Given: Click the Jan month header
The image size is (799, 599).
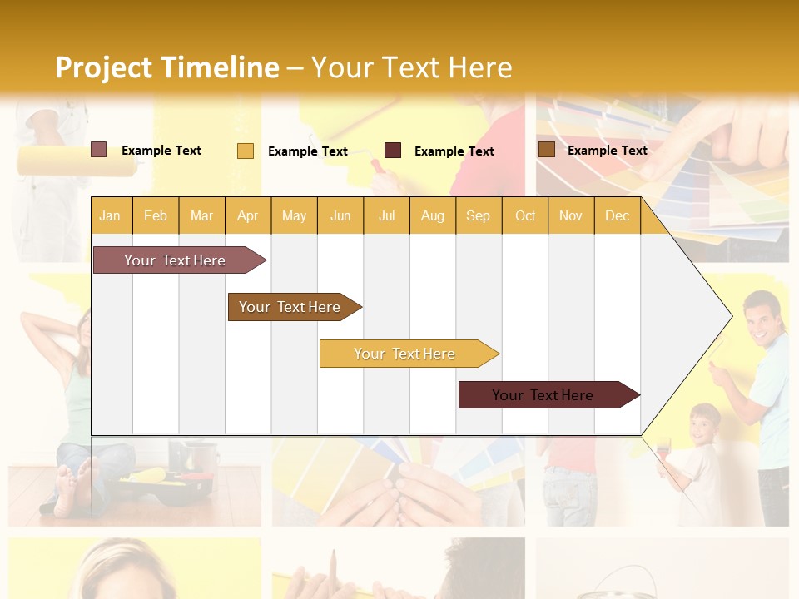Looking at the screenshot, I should (x=110, y=215).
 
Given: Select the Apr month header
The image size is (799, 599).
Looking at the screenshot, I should (x=247, y=215).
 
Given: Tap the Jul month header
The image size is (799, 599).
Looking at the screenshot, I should (x=386, y=215).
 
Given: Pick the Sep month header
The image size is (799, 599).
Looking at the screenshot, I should (x=478, y=215).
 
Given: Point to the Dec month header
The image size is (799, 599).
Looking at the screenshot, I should (x=617, y=215).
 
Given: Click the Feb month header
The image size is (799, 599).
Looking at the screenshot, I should (x=156, y=215).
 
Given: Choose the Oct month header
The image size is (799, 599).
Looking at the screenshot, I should (x=525, y=215).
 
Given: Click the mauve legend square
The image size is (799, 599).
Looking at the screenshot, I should (x=98, y=150).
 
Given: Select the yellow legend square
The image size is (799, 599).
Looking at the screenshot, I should (x=245, y=151).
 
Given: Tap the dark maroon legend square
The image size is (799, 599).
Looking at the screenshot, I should (x=393, y=150).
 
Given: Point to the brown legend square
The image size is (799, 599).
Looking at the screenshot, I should (x=546, y=150).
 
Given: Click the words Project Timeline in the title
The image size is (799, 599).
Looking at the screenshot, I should (x=166, y=67).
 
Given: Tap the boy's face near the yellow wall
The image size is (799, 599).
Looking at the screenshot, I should (x=705, y=424).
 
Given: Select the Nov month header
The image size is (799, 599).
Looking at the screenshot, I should (x=571, y=215).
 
